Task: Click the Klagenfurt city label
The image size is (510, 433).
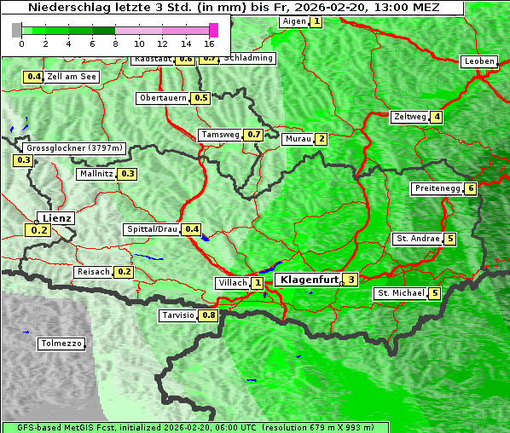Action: click(307, 280)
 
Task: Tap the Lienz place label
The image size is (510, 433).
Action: click(56, 218)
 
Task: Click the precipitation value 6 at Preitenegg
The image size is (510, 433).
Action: click(470, 188)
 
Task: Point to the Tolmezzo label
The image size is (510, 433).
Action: click(62, 344)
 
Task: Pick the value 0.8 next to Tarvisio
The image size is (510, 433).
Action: click(209, 315)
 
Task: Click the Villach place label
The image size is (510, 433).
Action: click(232, 283)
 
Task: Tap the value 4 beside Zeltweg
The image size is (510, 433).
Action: click(437, 117)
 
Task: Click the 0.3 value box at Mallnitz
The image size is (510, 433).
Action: click(127, 174)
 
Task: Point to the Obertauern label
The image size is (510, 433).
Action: click(163, 98)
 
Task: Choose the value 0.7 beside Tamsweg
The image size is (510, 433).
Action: click(253, 135)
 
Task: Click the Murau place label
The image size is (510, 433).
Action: click(298, 139)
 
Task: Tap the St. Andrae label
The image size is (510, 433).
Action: click(417, 239)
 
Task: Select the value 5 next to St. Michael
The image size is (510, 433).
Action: click(434, 294)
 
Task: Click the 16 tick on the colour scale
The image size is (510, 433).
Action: click(209, 43)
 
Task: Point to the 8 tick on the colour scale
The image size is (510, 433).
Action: click(115, 43)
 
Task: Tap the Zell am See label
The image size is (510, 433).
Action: click(72, 77)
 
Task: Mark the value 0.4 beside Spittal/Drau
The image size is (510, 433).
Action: click(192, 229)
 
